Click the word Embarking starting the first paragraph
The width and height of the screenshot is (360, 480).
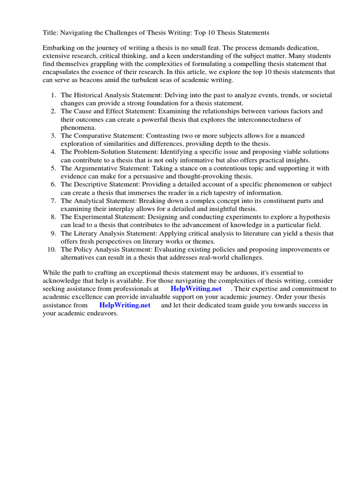click(59, 48)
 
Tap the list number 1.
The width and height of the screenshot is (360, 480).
click(52, 95)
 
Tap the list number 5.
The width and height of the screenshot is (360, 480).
click(52, 168)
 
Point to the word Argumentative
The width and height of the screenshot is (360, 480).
click(95, 168)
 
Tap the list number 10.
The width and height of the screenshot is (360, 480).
click(51, 249)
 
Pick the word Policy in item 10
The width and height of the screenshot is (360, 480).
click(82, 249)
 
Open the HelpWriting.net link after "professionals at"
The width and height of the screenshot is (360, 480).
click(196, 289)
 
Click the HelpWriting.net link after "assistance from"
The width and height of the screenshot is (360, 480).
click(125, 305)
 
